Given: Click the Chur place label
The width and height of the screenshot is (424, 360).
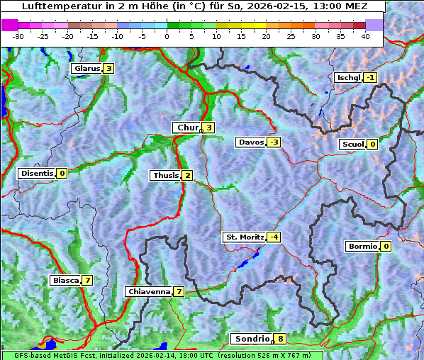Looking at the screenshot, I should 187,128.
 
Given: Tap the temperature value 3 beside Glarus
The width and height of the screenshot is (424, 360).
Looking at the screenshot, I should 108,69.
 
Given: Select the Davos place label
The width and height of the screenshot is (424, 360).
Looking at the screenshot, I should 251,142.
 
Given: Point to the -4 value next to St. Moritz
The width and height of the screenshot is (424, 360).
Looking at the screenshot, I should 274,237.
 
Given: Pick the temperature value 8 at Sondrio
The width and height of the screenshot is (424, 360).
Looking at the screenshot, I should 281,339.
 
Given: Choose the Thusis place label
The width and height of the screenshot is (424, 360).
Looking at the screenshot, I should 165,175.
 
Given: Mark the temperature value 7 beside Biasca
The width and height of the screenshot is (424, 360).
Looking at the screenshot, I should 87,280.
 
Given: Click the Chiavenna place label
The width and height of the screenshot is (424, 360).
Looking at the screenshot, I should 149,291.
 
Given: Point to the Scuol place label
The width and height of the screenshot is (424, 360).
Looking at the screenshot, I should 352,144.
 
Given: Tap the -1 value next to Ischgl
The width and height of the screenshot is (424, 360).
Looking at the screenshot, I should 371,77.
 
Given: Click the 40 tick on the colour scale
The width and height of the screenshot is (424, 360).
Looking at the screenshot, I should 365,36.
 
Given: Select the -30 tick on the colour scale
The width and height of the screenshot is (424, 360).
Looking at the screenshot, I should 18,36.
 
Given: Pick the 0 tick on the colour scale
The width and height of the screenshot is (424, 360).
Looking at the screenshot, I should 167,36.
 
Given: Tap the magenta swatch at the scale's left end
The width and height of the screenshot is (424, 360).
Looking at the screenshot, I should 10,25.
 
